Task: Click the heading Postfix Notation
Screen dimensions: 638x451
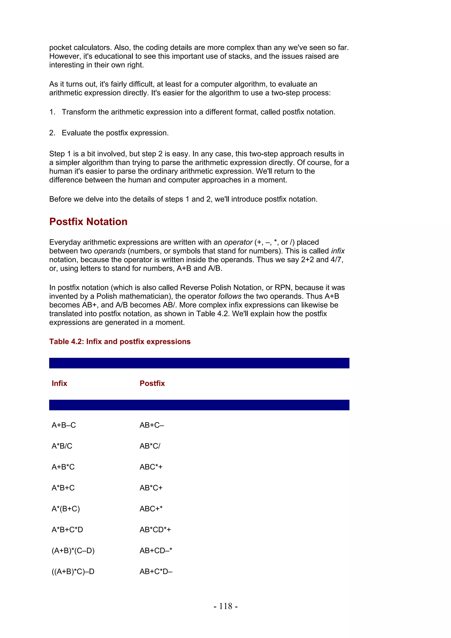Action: (88, 222)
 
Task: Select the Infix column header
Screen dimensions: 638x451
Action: (59, 384)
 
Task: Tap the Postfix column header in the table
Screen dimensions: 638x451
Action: (152, 384)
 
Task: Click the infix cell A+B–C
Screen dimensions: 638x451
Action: (64, 425)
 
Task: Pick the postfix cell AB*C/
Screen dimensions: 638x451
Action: (150, 446)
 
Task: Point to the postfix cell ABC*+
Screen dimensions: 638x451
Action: (151, 467)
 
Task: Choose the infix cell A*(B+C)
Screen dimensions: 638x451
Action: (66, 509)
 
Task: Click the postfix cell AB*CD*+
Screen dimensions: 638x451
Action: (155, 530)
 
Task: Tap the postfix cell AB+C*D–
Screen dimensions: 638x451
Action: (156, 571)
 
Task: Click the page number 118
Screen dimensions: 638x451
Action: (225, 606)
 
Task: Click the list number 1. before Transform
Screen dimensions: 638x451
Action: (52, 112)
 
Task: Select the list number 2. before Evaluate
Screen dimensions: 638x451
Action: (52, 133)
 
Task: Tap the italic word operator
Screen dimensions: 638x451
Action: (238, 242)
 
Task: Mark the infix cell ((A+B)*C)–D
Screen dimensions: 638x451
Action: (73, 571)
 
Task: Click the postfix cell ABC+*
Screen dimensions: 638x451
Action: (151, 509)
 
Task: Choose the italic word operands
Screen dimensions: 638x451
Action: (110, 251)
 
